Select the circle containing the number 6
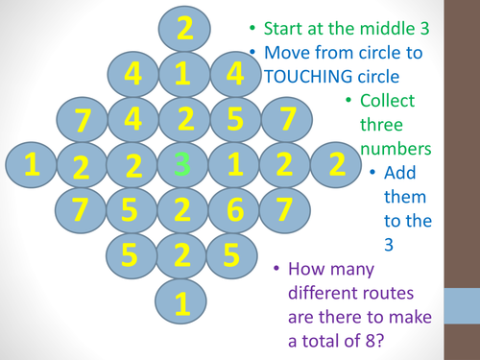pyautogui.click(x=233, y=209)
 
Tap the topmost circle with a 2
pyautogui.click(x=181, y=27)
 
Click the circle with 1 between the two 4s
pyautogui.click(x=181, y=73)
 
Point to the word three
pyautogui.click(x=380, y=125)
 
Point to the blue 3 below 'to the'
pyautogui.click(x=389, y=245)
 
